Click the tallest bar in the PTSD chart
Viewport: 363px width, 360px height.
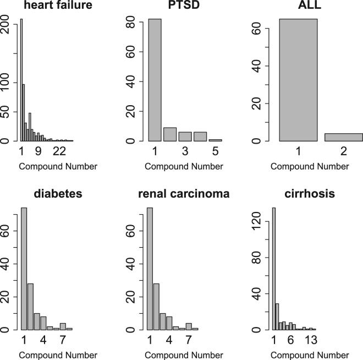pos(155,80)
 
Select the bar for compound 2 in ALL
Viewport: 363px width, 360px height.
pos(343,137)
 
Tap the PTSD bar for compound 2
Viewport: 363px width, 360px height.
pos(170,134)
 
